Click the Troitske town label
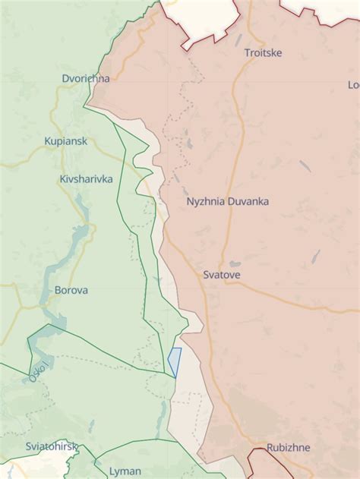click(263, 53)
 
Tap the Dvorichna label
click(86, 78)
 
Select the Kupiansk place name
click(65, 141)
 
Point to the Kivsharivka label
click(86, 179)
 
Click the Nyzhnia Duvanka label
click(227, 202)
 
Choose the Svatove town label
click(222, 274)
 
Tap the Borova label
click(71, 290)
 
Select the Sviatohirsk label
click(52, 446)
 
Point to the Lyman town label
click(125, 471)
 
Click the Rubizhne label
click(288, 448)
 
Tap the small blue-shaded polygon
click(175, 360)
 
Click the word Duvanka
click(248, 202)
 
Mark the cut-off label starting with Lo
click(353, 84)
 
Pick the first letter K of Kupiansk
click(48, 141)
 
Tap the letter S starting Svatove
click(206, 274)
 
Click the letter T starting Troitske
click(247, 53)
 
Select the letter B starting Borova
click(58, 290)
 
